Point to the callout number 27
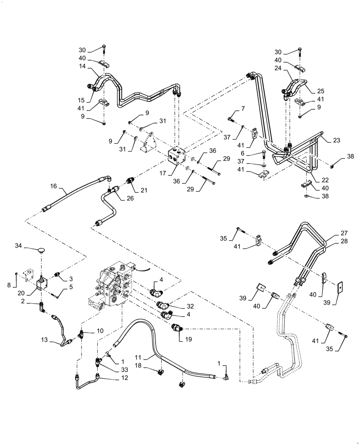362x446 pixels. pos(331,232)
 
